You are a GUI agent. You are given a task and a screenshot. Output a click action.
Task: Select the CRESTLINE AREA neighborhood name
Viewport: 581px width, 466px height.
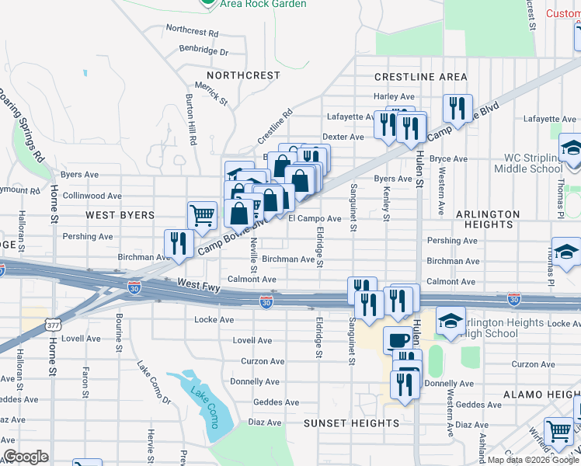(x=420, y=77)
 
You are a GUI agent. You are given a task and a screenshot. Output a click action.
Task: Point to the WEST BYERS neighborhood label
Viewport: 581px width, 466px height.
(x=120, y=214)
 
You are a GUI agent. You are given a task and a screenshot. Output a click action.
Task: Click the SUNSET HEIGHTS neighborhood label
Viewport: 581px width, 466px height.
(x=351, y=423)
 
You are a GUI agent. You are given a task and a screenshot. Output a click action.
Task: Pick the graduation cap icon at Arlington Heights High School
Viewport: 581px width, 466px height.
(x=451, y=320)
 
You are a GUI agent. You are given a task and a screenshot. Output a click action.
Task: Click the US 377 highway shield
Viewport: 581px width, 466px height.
(x=54, y=322)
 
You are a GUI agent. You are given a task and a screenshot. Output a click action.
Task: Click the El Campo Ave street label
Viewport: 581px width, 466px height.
(x=315, y=219)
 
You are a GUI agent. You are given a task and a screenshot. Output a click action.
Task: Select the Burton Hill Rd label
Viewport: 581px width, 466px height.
(x=191, y=120)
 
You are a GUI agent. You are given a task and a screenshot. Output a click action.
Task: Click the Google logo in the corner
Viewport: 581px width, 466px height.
(x=26, y=457)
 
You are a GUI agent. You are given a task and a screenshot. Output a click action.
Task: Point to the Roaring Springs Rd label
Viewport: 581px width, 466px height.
(x=23, y=128)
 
